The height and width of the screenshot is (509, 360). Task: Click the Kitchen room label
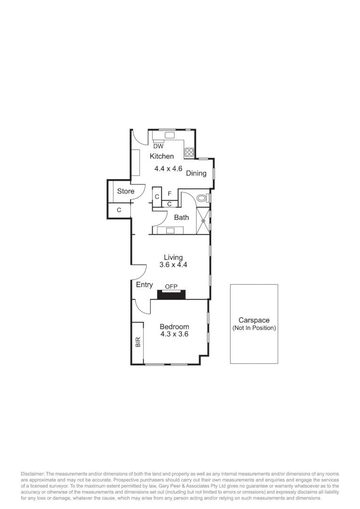pos(162,156)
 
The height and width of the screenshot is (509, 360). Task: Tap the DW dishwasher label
pos(158,146)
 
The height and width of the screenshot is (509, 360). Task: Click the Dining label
pos(196,173)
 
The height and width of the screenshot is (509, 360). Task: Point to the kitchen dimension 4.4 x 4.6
pos(168,168)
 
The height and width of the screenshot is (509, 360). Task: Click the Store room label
pos(125,191)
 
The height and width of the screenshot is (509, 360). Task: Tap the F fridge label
pos(170,194)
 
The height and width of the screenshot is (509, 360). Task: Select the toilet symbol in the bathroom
pos(202,198)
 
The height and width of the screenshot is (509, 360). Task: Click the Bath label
pos(181,218)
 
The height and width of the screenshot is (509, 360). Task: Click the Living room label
pos(173,257)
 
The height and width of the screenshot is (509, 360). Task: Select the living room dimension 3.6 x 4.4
pos(173,265)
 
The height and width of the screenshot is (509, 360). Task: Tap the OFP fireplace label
pos(171,286)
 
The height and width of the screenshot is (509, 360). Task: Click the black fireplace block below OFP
pos(171,295)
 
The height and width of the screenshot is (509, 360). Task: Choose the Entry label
pos(144,285)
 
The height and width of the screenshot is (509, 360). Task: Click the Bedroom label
pos(174,327)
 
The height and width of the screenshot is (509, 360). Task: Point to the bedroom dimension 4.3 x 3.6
pos(174,335)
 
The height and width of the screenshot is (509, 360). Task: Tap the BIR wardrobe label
pos(138,342)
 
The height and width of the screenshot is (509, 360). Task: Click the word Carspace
pos(254,320)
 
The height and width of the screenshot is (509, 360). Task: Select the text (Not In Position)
pos(254,328)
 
